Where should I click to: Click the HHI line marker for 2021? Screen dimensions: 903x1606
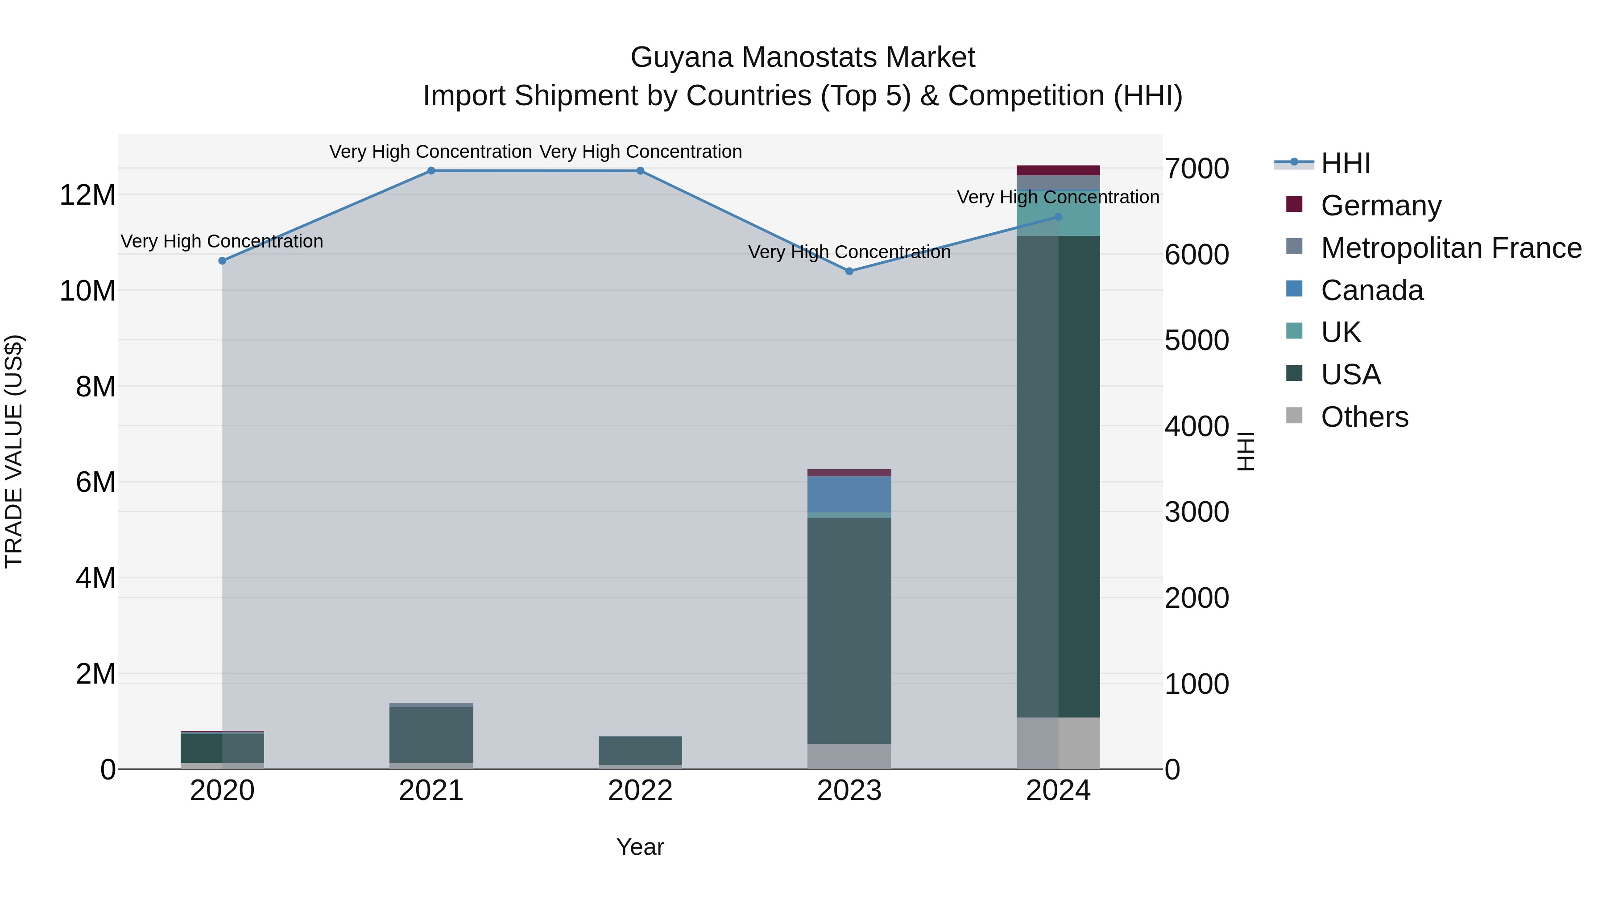click(431, 171)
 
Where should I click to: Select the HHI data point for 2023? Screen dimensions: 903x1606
click(849, 271)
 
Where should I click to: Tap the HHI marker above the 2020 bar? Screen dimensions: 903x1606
click(222, 260)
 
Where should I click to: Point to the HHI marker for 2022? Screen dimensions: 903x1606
click(640, 171)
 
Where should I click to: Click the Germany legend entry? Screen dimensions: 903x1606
click(1380, 206)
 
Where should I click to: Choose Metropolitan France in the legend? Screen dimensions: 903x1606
click(1451, 248)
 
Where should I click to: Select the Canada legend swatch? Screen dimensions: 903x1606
click(1294, 289)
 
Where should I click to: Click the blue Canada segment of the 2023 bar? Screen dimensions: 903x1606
click(849, 494)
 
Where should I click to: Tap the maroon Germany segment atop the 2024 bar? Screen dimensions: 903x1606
click(1058, 170)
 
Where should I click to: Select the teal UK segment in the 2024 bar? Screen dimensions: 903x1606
click(1058, 213)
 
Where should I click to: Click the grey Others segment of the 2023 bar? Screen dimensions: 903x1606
click(849, 756)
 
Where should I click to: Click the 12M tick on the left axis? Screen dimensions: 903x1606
click(87, 195)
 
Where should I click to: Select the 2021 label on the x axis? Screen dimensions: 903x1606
click(431, 791)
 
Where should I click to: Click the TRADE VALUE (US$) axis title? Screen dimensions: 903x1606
click(14, 451)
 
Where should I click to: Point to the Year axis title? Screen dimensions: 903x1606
click(640, 847)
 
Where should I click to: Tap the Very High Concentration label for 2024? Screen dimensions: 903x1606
click(1058, 198)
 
